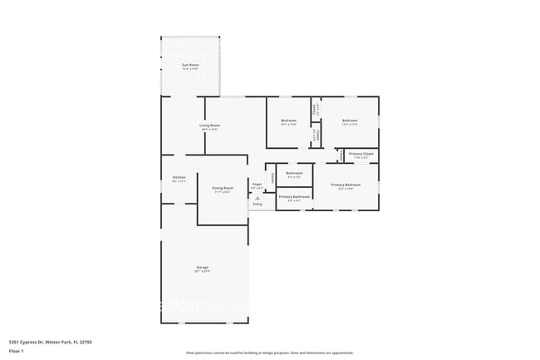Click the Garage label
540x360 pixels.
tap(202, 268)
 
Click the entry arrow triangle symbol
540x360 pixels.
tap(258, 197)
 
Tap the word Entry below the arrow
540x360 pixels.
tap(258, 204)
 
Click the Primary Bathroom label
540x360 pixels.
tap(294, 197)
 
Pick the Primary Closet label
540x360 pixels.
tap(361, 154)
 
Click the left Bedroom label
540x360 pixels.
tap(288, 121)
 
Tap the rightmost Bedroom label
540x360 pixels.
tap(349, 121)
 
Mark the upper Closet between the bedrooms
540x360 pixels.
tap(314, 108)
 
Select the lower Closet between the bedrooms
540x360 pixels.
tap(314, 135)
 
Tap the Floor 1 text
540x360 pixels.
tap(17, 352)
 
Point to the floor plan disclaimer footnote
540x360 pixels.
tap(269, 353)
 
